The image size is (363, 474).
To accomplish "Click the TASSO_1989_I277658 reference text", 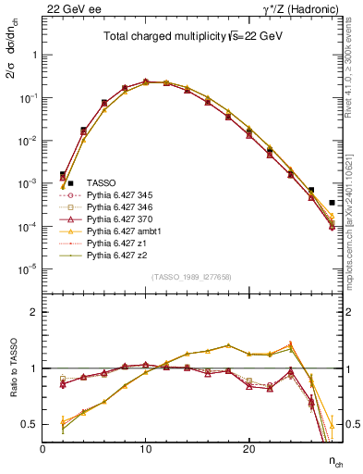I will point(191,278).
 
